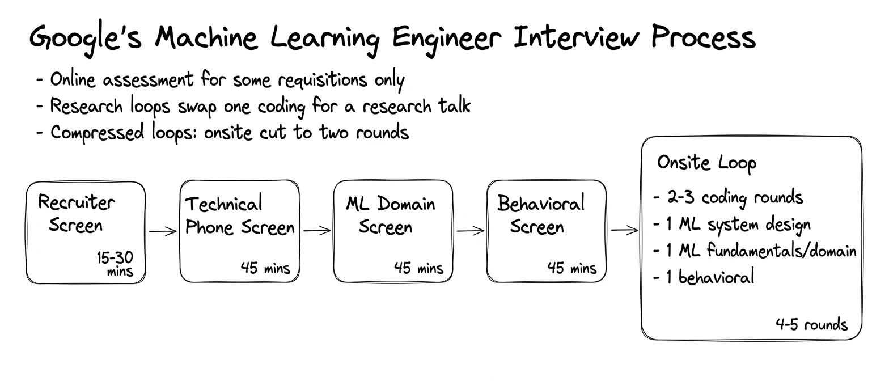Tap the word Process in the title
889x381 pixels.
(x=704, y=37)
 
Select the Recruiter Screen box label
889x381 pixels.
(x=76, y=214)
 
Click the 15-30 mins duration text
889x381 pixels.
(x=115, y=264)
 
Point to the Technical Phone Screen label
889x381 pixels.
(x=240, y=216)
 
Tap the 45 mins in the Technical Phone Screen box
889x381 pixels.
(x=265, y=268)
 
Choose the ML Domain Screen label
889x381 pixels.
(x=391, y=215)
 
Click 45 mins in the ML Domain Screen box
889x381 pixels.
(x=418, y=268)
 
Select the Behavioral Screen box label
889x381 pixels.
(x=541, y=215)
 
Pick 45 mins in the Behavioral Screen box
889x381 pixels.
(x=572, y=268)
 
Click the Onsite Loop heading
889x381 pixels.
(x=707, y=163)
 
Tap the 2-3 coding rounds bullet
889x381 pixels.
(x=728, y=198)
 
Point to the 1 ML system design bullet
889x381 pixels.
(x=732, y=225)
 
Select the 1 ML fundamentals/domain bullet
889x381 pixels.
(x=755, y=251)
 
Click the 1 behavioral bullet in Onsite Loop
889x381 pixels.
(x=704, y=277)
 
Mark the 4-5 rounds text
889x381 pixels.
(x=812, y=324)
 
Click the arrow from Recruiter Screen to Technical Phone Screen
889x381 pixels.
(x=163, y=231)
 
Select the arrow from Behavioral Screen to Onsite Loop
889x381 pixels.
(x=624, y=230)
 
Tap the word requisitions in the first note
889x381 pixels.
(x=322, y=81)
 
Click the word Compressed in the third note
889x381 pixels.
(x=98, y=133)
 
